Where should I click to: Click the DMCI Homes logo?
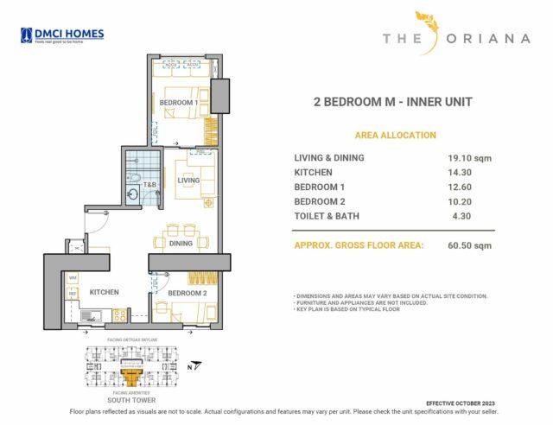coord(62,35)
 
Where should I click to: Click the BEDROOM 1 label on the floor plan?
coord(179,103)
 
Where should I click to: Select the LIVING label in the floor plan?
coord(188,181)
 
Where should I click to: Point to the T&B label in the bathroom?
coord(149,185)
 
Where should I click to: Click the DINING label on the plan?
coord(181,244)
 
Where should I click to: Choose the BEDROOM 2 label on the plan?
coord(188,294)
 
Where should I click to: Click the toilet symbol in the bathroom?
coord(137,179)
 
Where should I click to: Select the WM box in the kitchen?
coord(73,277)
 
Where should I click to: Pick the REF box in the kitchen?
coord(73,294)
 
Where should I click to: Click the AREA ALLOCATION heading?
coord(395,136)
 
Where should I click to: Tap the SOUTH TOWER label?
coord(130,401)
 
